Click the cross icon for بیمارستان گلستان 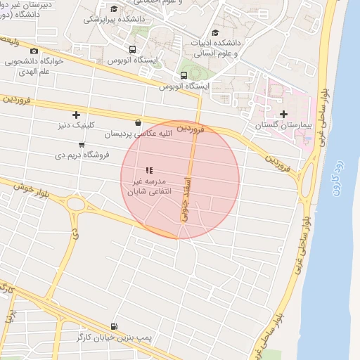point(283,114)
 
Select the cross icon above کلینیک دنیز point(76,115)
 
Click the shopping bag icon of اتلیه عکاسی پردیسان point(137,122)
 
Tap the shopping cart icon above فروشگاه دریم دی point(82,145)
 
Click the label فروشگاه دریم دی point(82,155)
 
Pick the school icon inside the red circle point(148,170)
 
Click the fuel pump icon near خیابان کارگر point(115,326)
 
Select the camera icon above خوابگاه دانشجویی point(34,51)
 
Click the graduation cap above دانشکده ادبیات point(215,32)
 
